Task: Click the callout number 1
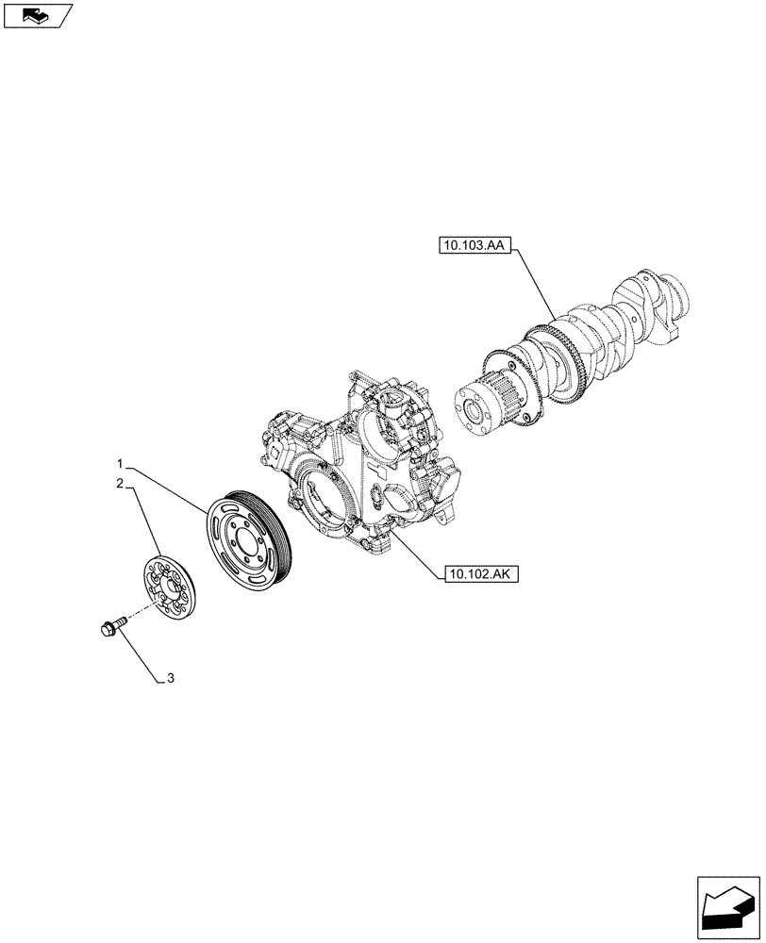pos(120,464)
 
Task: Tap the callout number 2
pos(120,483)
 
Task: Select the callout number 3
pos(171,677)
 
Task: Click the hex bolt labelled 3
pos(109,626)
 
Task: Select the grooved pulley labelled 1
pos(248,537)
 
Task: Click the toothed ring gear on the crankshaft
pos(542,363)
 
